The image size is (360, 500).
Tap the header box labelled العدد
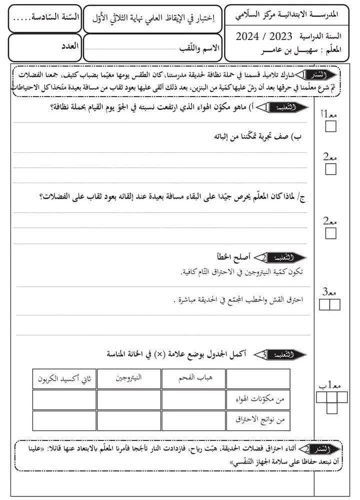[x=44, y=48]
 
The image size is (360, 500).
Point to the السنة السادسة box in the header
[x=44, y=19]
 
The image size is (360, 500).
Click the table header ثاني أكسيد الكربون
[x=64, y=379]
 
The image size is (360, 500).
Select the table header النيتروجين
[x=129, y=379]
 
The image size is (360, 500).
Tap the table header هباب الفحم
[x=193, y=379]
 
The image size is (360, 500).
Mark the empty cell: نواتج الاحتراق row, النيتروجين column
[x=129, y=420]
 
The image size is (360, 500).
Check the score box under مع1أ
[x=331, y=127]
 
